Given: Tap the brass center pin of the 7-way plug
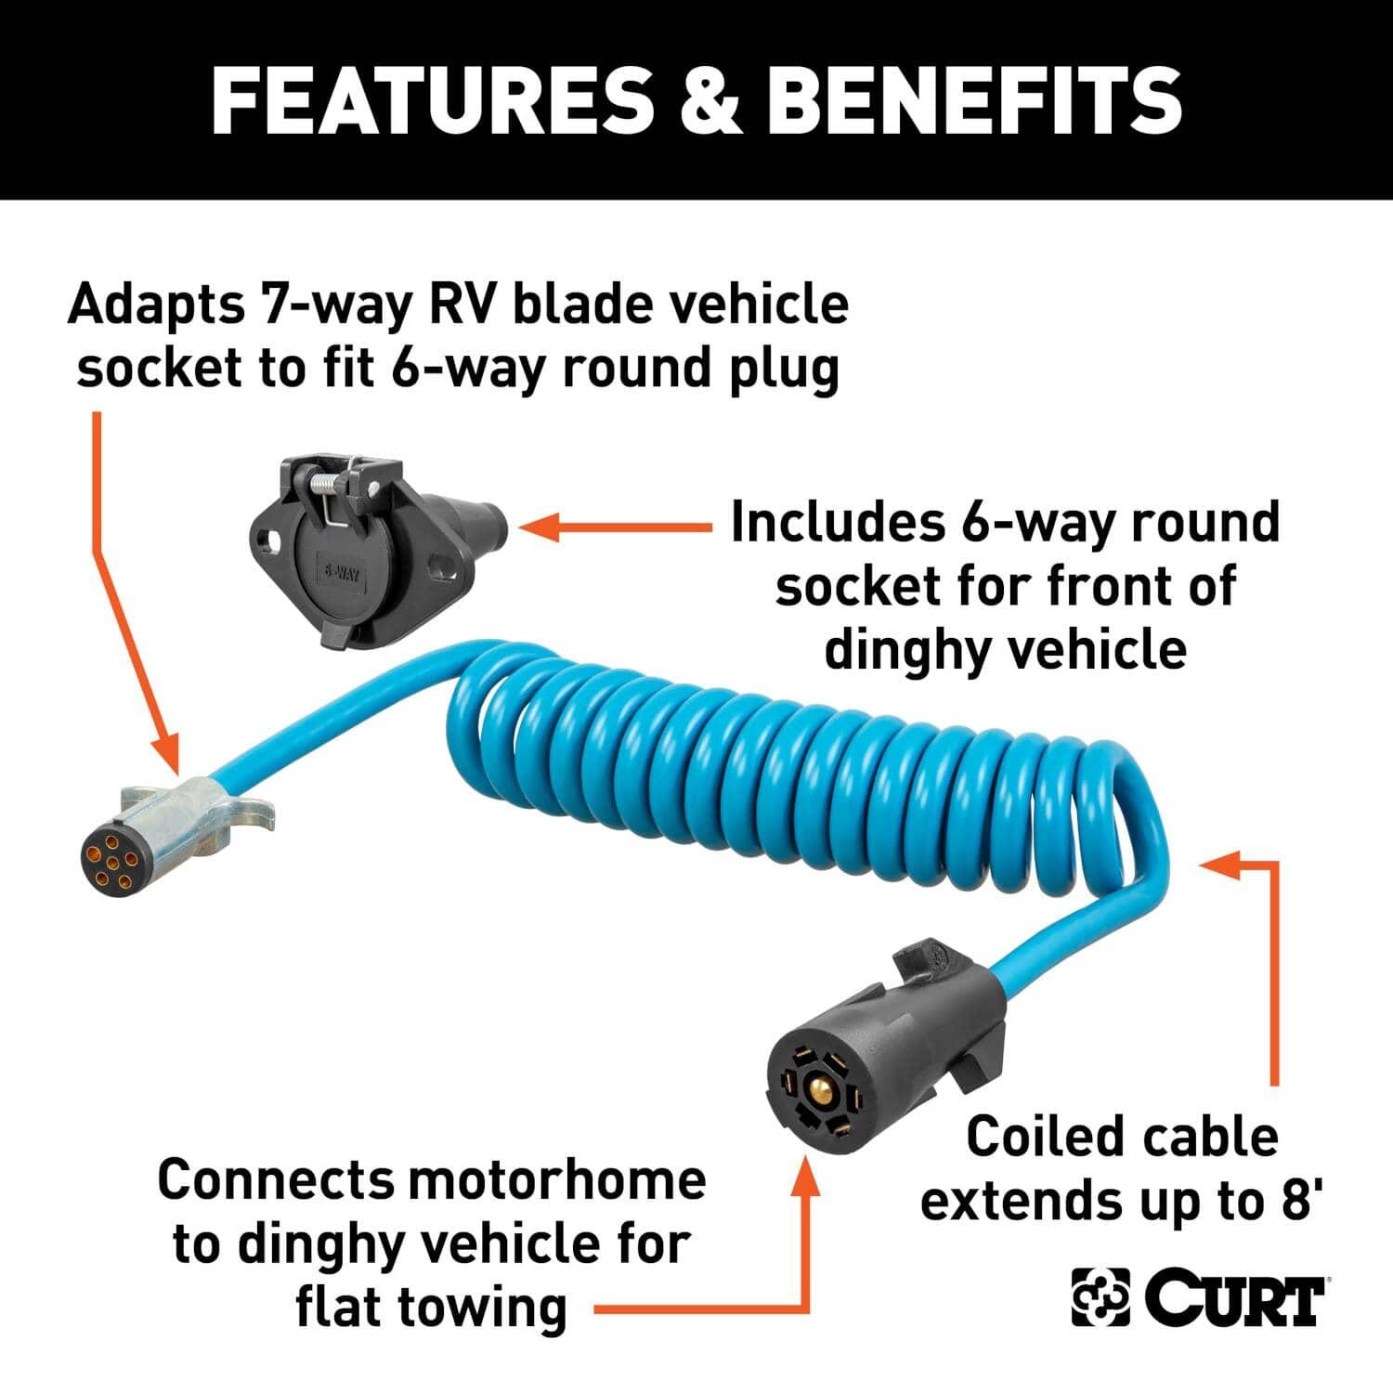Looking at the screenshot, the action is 817,1087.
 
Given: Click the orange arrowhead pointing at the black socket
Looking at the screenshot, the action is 536,527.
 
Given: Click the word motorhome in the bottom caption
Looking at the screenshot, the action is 557,1180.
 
